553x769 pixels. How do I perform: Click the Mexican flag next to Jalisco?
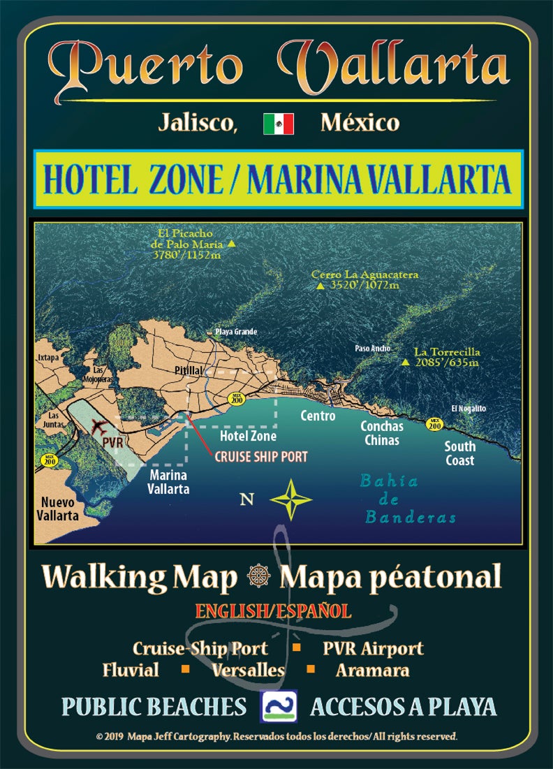click(278, 124)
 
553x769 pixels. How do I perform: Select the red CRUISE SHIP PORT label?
click(261, 457)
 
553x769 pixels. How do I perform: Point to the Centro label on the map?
click(318, 416)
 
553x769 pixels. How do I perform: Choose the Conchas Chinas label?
click(381, 433)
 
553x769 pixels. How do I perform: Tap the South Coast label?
click(460, 453)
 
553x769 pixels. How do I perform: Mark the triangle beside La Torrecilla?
click(405, 362)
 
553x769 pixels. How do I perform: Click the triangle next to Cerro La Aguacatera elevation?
click(320, 286)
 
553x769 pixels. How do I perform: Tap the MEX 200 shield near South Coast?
click(435, 423)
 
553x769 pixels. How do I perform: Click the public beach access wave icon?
click(279, 705)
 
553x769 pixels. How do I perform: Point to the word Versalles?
click(249, 671)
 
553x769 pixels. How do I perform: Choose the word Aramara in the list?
click(372, 671)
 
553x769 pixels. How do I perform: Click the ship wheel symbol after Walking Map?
click(258, 578)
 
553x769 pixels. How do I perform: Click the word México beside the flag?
click(360, 124)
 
